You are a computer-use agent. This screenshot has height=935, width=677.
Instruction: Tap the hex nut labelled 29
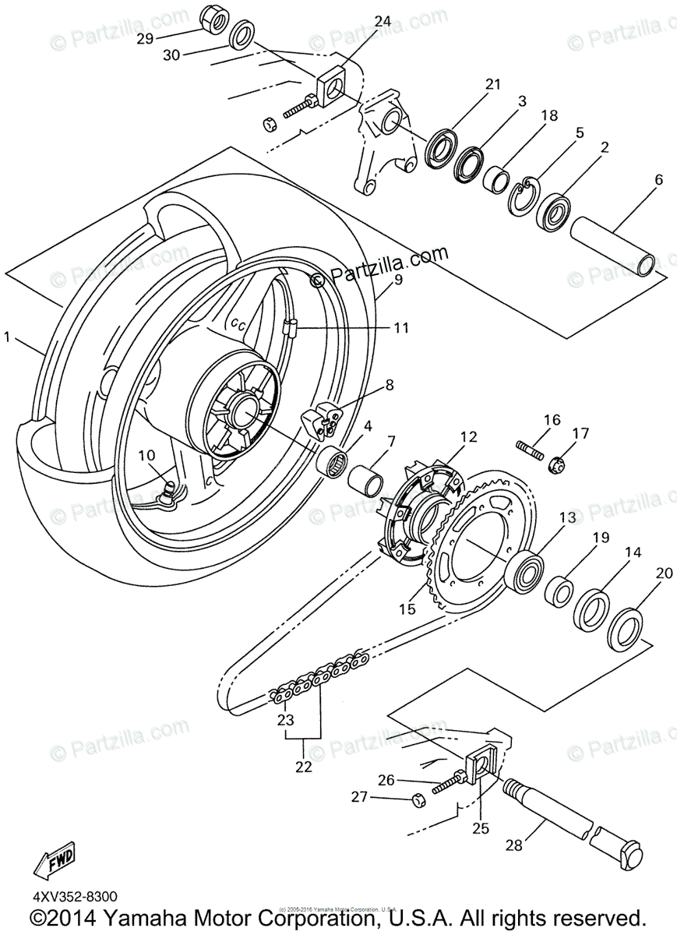[213, 16]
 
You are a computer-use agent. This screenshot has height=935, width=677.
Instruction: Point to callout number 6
[659, 180]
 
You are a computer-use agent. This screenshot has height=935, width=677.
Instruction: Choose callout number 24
[383, 22]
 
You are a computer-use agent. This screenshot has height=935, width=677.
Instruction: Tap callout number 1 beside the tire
[7, 337]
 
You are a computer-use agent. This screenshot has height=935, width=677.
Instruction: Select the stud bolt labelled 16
[530, 448]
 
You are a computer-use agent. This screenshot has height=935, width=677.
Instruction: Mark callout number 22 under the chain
[303, 767]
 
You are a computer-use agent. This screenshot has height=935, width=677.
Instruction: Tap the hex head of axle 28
[629, 849]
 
